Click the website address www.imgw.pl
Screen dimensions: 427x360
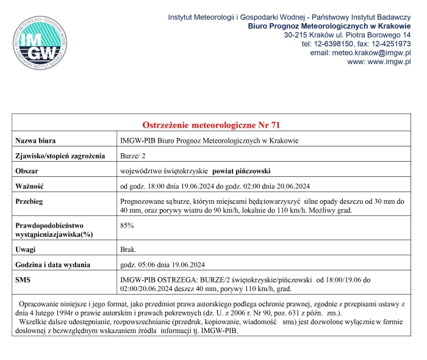378,62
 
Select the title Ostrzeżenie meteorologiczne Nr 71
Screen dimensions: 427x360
211,125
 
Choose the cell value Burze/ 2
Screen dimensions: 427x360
137,156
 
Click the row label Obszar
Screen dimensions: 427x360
28,171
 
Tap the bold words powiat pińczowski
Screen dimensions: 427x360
245,171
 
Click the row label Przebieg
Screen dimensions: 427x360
30,201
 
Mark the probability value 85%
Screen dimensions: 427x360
127,226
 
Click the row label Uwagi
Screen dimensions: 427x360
26,250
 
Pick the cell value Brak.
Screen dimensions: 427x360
129,250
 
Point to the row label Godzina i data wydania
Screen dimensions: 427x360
53,264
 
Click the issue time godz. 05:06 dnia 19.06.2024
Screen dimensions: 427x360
162,264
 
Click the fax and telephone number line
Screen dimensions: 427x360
356,44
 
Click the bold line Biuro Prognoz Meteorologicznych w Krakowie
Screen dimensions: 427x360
329,26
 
